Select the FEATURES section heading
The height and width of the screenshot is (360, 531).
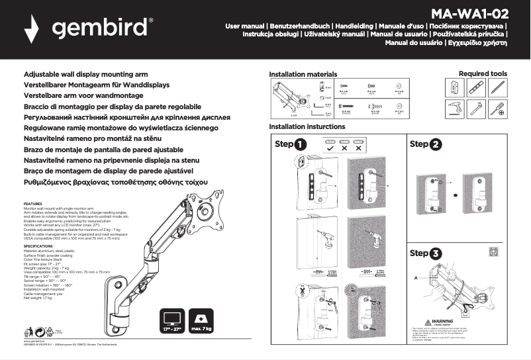pos(33,204)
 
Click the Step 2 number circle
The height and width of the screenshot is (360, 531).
pos(435,144)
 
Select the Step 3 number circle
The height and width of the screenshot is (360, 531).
pos(435,253)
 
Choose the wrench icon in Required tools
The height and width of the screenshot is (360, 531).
pos(476,109)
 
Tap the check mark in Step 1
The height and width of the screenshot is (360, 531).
pos(330,148)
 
